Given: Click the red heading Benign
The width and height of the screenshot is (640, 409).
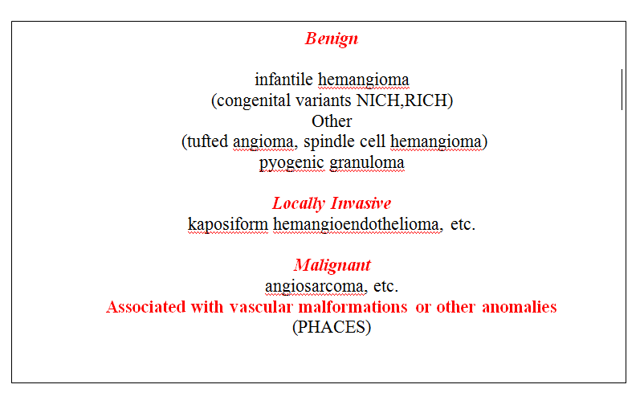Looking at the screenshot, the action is pos(332,39).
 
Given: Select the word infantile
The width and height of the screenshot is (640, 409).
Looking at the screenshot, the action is pos(283,80).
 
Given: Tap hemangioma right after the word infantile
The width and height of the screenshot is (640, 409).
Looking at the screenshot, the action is pos(363,80).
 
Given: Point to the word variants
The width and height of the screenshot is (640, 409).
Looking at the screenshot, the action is pos(324,100).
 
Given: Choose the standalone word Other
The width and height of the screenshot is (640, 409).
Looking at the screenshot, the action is pos(332,121).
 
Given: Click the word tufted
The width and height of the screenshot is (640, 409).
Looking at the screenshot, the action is pos(207,141).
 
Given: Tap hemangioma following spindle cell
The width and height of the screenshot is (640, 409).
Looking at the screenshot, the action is pos(436,141).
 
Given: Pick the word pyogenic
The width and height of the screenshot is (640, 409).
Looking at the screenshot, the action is pos(291,162).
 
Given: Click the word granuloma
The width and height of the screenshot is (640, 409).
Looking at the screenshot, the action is pos(366,162).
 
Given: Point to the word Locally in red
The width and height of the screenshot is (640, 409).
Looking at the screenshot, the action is pos(299,203).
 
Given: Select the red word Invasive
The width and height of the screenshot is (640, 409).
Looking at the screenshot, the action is pos(361,203).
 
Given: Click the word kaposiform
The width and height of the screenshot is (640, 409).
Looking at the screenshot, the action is pos(228,224).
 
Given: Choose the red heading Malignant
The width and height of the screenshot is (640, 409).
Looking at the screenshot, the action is pos(332,265).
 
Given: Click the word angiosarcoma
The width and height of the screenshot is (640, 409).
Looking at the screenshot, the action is pos(314,286).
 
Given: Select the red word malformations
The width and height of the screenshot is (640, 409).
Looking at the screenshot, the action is pos(353,307).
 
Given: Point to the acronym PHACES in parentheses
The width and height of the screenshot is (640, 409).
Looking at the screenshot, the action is pos(332,327).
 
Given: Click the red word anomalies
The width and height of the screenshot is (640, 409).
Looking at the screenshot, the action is pos(520,307).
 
